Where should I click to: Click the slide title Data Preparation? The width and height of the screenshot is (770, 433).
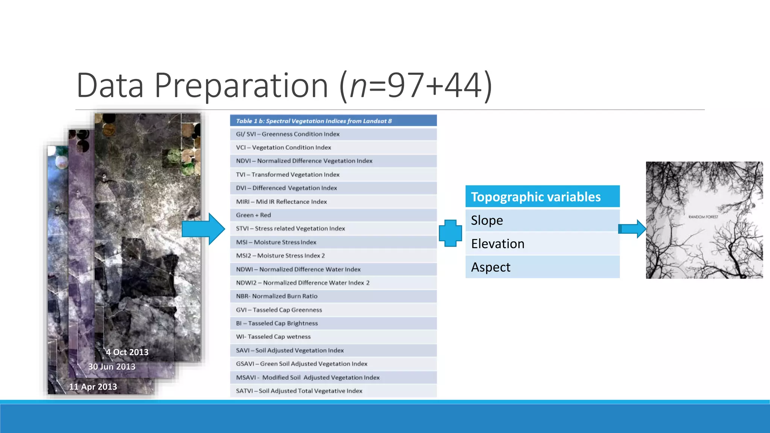(x=284, y=86)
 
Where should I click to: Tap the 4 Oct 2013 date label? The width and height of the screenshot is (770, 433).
(x=127, y=352)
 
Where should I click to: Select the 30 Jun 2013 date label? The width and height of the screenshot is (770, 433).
(x=112, y=367)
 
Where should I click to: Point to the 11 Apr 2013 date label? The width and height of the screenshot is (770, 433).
(x=93, y=387)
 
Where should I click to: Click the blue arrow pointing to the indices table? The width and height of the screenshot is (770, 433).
(x=203, y=229)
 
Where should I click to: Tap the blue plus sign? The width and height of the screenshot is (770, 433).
(x=450, y=233)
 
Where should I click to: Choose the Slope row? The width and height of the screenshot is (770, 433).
(x=542, y=220)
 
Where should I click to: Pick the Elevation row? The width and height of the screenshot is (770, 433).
(x=542, y=244)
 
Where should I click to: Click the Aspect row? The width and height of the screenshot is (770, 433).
(x=542, y=267)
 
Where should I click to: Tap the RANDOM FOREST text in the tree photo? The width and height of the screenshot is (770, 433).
(x=703, y=217)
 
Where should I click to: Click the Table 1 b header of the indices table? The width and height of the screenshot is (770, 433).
(x=333, y=121)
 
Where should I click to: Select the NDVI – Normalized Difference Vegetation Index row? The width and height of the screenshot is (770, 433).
(x=333, y=161)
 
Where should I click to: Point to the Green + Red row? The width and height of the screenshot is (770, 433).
(x=333, y=215)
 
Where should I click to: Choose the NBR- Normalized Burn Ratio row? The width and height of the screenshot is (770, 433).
(x=333, y=296)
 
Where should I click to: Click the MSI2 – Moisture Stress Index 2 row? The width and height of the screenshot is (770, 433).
(x=333, y=256)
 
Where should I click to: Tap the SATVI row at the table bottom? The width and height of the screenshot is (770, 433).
(x=333, y=391)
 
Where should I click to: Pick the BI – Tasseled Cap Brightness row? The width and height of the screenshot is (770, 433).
(x=333, y=323)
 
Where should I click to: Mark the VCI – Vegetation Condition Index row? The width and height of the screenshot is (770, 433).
(x=333, y=147)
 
